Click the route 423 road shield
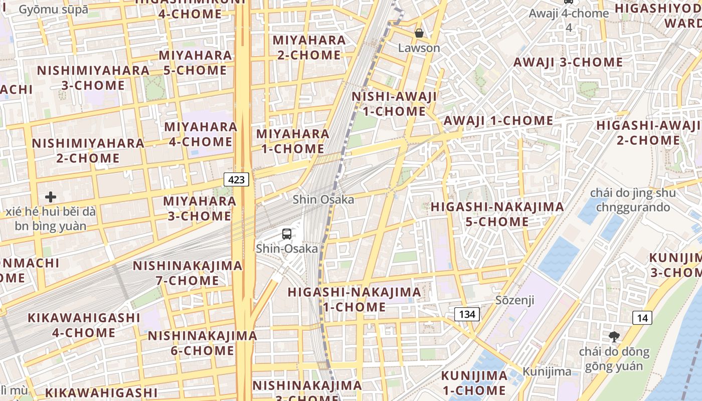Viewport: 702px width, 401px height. pyautogui.click(x=237, y=179)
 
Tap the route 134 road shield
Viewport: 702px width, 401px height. pyautogui.click(x=467, y=314)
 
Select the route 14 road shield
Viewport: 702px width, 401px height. pyautogui.click(x=642, y=317)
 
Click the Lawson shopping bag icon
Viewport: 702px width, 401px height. pyautogui.click(x=419, y=34)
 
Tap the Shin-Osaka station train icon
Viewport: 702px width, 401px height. pyautogui.click(x=287, y=234)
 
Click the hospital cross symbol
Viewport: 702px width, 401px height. pyautogui.click(x=51, y=196)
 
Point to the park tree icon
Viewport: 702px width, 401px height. pyautogui.click(x=614, y=337)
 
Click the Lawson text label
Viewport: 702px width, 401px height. pyautogui.click(x=419, y=48)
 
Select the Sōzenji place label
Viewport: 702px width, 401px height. pyautogui.click(x=514, y=300)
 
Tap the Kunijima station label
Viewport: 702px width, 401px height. pyautogui.click(x=547, y=371)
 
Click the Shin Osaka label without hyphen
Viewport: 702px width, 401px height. pyautogui.click(x=323, y=199)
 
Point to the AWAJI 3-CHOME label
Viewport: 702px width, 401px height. pyautogui.click(x=568, y=62)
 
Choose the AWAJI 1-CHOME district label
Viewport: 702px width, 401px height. pyautogui.click(x=498, y=120)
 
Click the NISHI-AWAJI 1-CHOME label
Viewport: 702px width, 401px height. pyautogui.click(x=394, y=104)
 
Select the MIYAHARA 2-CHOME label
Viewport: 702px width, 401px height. pyautogui.click(x=309, y=47)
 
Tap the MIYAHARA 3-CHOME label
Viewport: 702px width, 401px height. pyautogui.click(x=200, y=209)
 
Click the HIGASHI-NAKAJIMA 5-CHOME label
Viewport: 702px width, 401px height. pyautogui.click(x=497, y=214)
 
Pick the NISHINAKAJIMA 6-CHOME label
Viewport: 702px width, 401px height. pyautogui.click(x=202, y=343)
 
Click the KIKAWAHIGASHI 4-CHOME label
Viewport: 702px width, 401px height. pyautogui.click(x=84, y=325)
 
